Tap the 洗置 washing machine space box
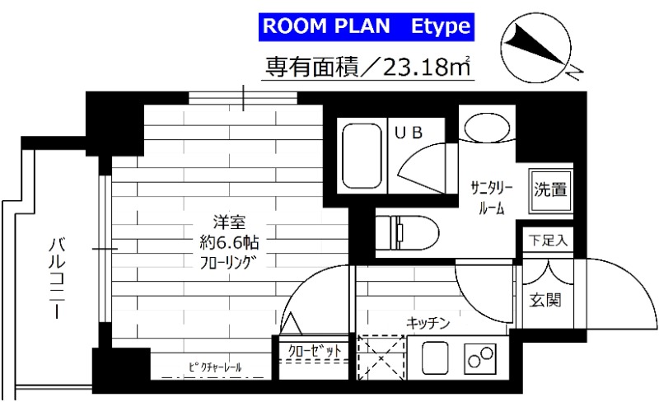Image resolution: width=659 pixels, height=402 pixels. [549, 190]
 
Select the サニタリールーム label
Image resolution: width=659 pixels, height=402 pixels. [493, 195]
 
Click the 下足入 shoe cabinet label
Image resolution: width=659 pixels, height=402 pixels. [547, 241]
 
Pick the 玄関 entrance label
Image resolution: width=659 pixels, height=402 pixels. [547, 300]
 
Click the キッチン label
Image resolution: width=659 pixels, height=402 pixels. [428, 323]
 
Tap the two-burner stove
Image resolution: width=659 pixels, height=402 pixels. [482, 358]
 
